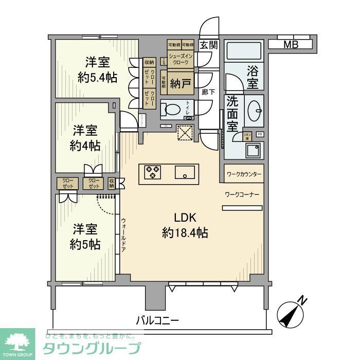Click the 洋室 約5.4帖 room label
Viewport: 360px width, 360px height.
[x=97, y=70]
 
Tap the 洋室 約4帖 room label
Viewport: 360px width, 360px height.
[x=85, y=137]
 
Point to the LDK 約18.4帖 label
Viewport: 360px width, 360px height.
[x=185, y=225]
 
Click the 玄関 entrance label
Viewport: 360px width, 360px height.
[x=209, y=45]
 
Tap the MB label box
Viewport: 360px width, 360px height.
[x=291, y=44]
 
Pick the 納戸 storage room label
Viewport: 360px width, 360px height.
[x=177, y=82]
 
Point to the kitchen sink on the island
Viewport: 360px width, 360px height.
[x=183, y=172]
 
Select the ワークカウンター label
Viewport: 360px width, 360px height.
[x=244, y=174]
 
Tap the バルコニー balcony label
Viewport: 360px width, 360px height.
[x=157, y=320]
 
